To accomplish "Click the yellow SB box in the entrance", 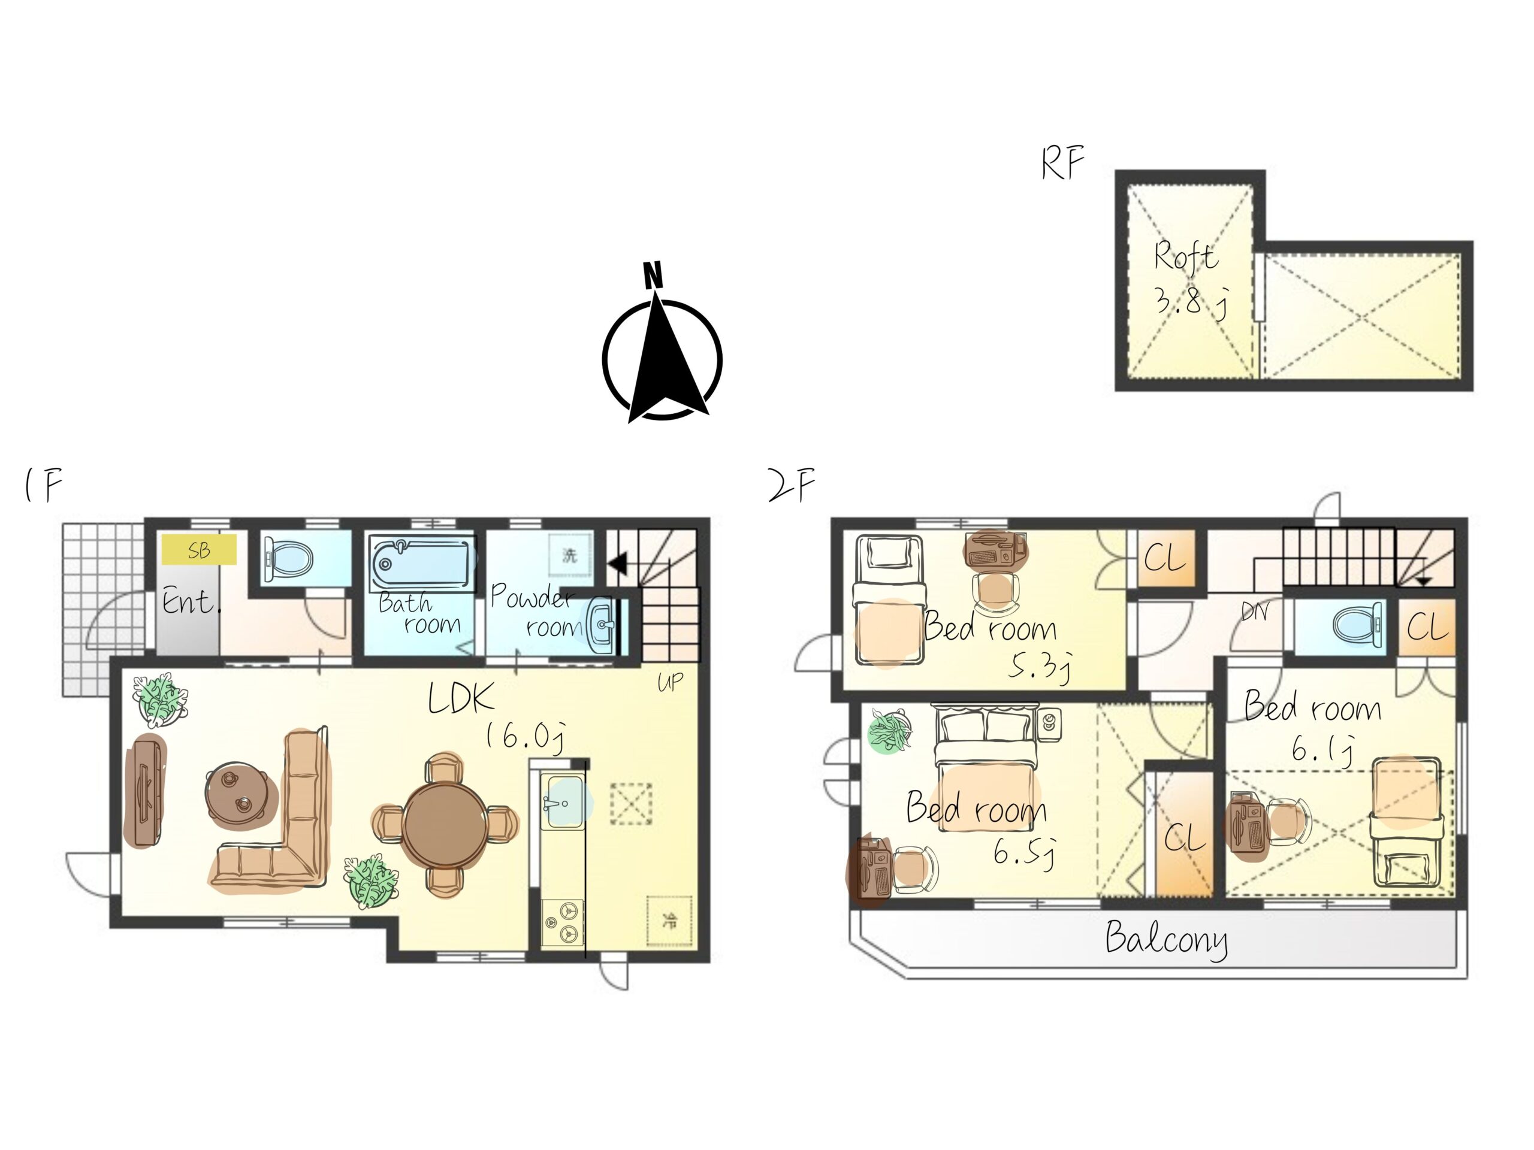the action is coord(199,550).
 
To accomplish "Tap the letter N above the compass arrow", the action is coord(653,275).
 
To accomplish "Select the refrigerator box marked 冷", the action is coord(670,921).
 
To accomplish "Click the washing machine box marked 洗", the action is coord(570,555).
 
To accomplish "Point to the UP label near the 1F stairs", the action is coord(671,683).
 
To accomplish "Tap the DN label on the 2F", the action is coord(1255,612).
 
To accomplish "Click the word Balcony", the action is coord(1165,940).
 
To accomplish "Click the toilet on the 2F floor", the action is coord(1358,625).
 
